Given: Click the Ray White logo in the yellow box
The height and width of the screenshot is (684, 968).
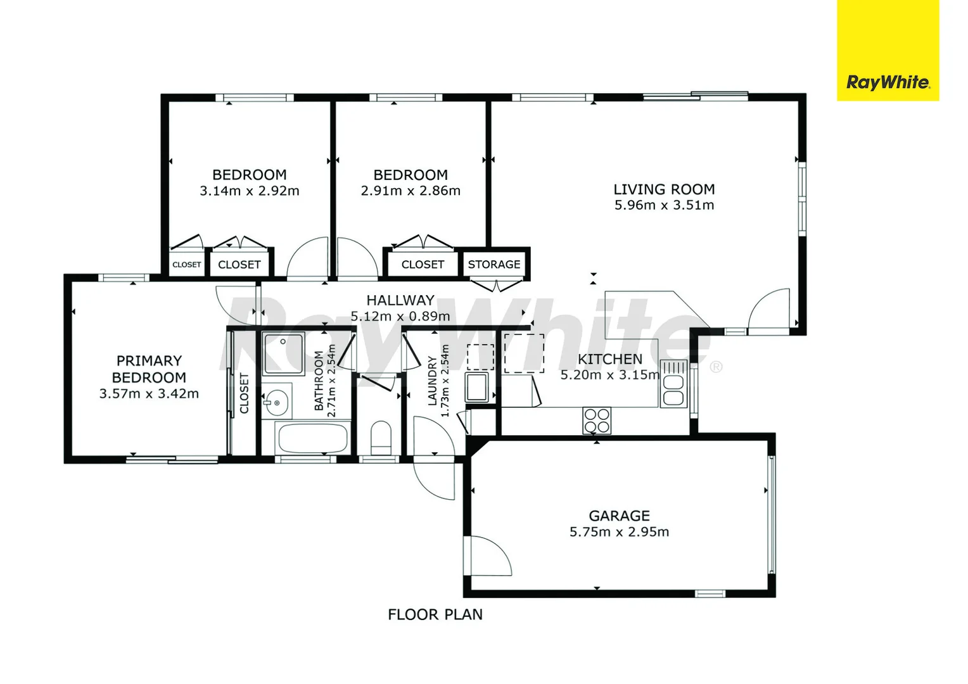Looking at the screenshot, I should click(x=888, y=82).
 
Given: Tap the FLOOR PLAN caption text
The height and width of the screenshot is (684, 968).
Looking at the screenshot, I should click(x=435, y=614).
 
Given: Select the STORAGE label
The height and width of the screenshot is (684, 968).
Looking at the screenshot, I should click(x=494, y=264).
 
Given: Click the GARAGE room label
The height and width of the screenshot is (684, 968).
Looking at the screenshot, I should click(x=619, y=516).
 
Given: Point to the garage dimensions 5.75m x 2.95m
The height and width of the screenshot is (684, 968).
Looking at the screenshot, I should click(x=619, y=532).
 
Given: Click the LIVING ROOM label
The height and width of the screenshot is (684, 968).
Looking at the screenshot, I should click(x=664, y=189).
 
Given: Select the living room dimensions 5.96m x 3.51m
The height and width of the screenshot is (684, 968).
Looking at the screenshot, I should click(x=664, y=205).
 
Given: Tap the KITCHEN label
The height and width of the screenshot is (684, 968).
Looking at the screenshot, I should click(x=609, y=359).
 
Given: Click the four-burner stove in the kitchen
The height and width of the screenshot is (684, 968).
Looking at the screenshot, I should click(x=596, y=421).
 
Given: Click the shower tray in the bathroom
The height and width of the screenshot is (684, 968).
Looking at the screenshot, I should click(x=283, y=353).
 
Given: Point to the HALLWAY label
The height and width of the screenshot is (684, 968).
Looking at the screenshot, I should click(x=400, y=300).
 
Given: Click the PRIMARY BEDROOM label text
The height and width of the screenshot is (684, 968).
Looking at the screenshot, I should click(x=149, y=369).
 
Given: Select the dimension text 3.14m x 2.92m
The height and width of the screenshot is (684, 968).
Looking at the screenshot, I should click(x=250, y=191).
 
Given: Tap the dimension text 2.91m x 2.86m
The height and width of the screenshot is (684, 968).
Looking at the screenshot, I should click(x=411, y=191).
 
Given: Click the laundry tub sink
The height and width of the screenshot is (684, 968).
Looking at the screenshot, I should click(x=476, y=387).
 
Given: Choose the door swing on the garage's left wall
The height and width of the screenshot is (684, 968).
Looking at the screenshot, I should click(x=488, y=556).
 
